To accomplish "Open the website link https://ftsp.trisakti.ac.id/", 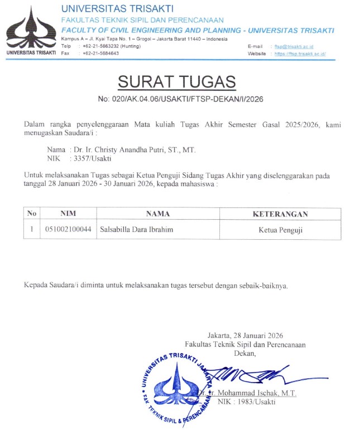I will pyautogui.click(x=300, y=54).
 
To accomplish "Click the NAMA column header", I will pyautogui.click(x=157, y=214).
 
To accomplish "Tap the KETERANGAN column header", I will pyautogui.click(x=280, y=214).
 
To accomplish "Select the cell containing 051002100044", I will pyautogui.click(x=68, y=229).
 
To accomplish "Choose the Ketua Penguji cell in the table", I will pyautogui.click(x=280, y=229).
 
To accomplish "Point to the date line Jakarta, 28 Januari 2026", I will pyautogui.click(x=245, y=336).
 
